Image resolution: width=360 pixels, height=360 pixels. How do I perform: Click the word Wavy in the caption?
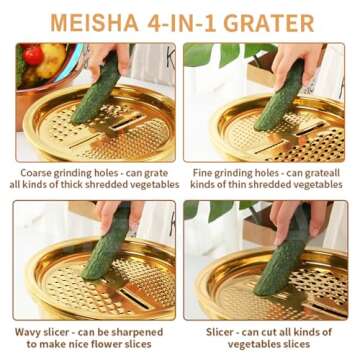pos(34,331)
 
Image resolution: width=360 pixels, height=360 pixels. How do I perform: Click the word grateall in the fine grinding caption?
pos(327,172)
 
